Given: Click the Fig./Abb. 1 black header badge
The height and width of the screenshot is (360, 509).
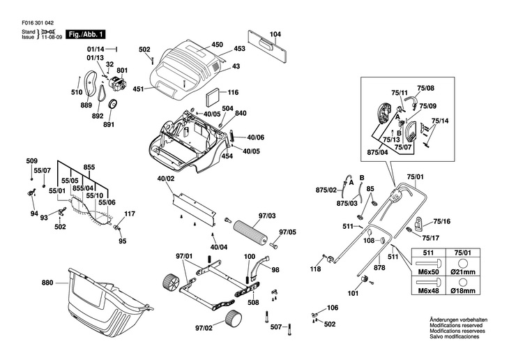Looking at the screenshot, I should pyautogui.click(x=86, y=34).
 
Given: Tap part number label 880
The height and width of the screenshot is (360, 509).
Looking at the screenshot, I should pyautogui.click(x=47, y=283).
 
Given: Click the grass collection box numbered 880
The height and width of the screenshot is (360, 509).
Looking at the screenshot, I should pyautogui.click(x=105, y=300).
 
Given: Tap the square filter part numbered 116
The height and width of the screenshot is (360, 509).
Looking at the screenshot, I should pyautogui.click(x=209, y=93).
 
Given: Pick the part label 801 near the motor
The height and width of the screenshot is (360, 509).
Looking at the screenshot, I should pyautogui.click(x=123, y=70).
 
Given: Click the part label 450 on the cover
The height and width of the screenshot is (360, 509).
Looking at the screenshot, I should pyautogui.click(x=217, y=44).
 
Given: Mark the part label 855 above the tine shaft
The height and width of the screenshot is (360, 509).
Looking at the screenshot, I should pyautogui.click(x=89, y=168).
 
